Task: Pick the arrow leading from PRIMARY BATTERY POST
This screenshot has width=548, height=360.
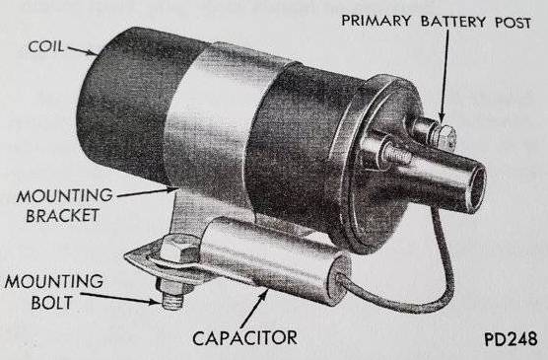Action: pyautogui.click(x=443, y=79)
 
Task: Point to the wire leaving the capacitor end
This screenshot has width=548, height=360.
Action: pyautogui.click(x=394, y=291)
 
